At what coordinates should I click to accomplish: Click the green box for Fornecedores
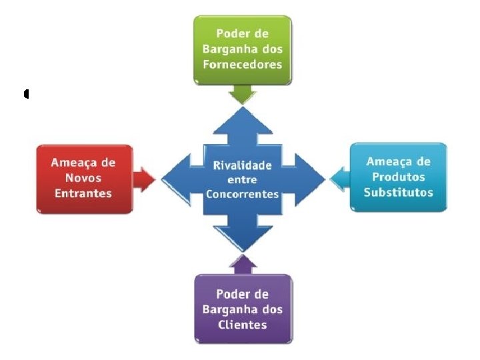pos(243,50)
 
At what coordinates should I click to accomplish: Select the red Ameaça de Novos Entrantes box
pos(85,178)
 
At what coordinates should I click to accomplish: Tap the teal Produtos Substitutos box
pos(398,177)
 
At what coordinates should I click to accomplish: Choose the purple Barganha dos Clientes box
pos(243,309)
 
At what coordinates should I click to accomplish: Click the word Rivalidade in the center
pos(243,165)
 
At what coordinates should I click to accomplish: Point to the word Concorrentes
pos(243,194)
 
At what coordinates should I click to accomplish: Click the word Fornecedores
pos(243,65)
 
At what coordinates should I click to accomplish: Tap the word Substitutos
pos(398,192)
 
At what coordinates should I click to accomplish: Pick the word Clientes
pos(243,325)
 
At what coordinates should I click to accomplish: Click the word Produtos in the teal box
pos(398,177)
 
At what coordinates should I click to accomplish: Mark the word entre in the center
pos(243,180)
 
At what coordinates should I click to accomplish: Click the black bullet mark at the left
pos(25,94)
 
